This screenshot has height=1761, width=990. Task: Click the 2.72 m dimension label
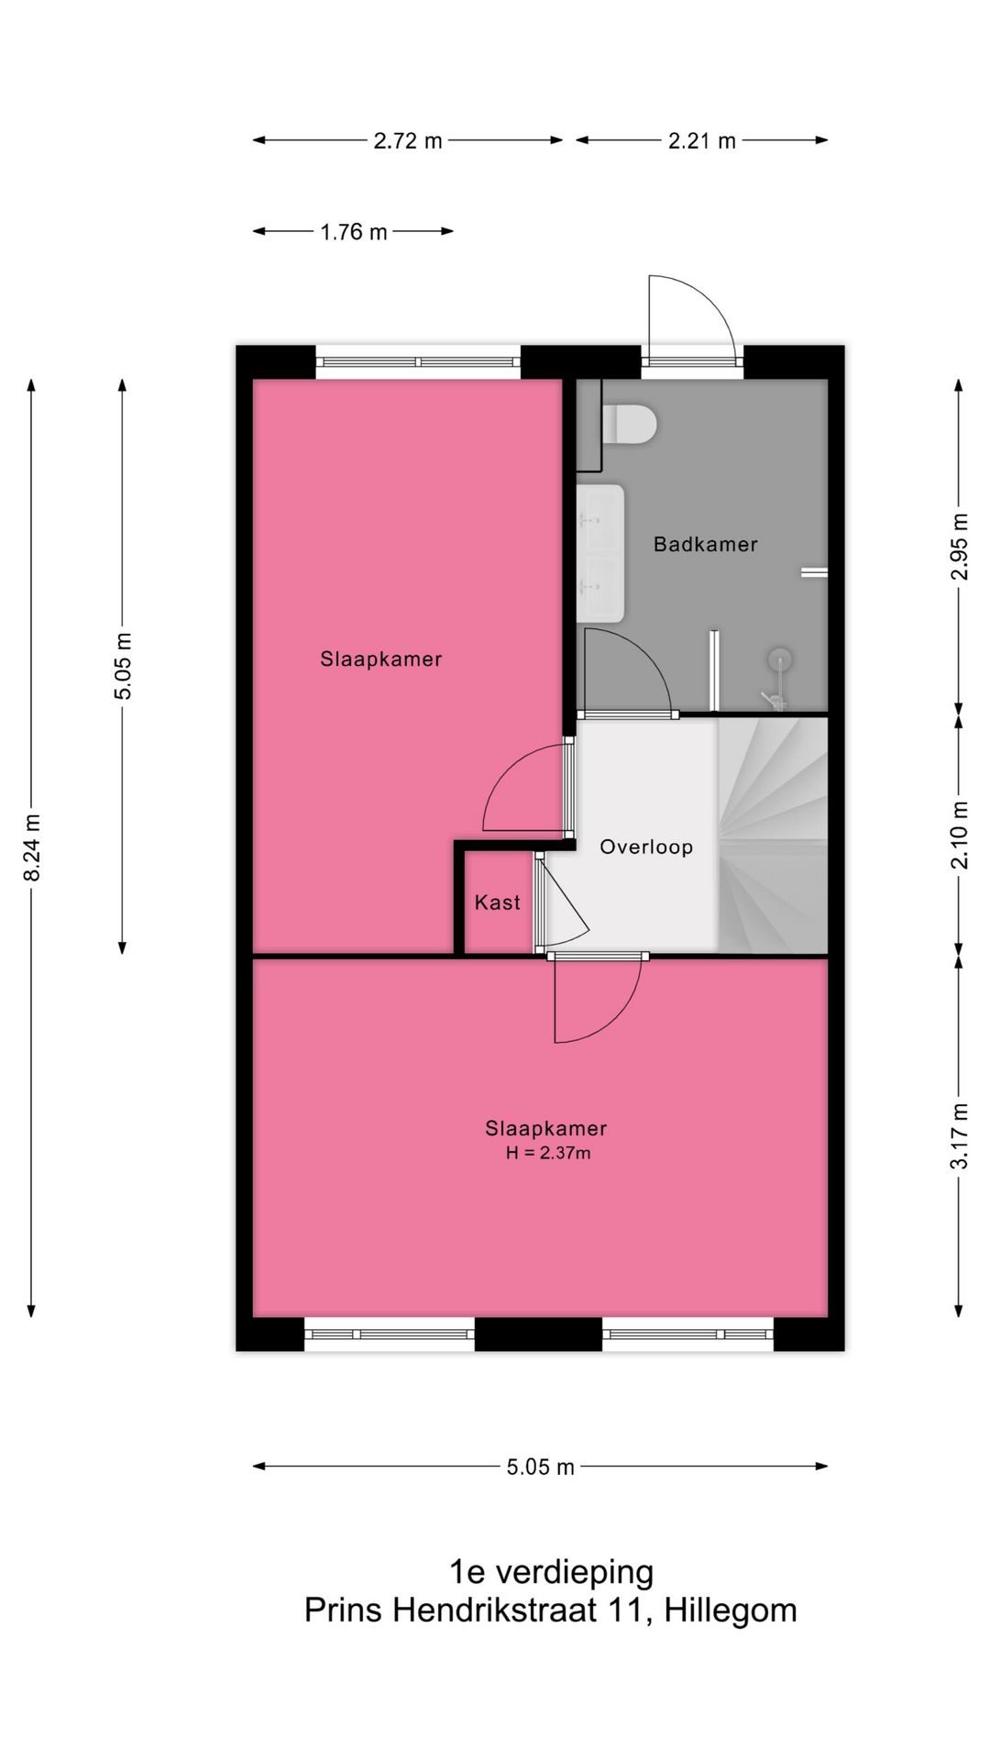tap(407, 140)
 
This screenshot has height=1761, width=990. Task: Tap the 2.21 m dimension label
tap(701, 140)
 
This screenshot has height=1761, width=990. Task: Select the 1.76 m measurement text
tap(353, 232)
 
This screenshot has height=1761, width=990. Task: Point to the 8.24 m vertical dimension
tap(32, 847)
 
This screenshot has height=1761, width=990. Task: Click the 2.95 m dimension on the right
tap(959, 545)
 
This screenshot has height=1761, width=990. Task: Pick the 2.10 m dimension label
tap(959, 835)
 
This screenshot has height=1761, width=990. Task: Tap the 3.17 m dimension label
tap(959, 1135)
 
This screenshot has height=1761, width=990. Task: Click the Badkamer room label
tap(705, 544)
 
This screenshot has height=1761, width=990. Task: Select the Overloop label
tap(645, 847)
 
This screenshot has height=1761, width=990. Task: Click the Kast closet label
tap(497, 903)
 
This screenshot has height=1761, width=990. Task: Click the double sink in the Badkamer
tap(601, 552)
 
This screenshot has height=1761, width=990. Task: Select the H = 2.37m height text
tap(547, 1153)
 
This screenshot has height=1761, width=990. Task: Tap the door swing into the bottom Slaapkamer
tap(596, 1000)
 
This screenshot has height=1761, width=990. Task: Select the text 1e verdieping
tap(550, 1571)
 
